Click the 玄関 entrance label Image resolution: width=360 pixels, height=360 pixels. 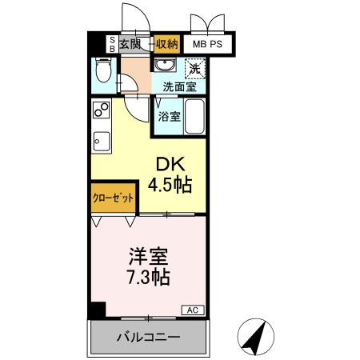point(130,45)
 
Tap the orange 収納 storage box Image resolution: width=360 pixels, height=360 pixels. point(166,45)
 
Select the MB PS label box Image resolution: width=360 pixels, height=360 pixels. point(206,46)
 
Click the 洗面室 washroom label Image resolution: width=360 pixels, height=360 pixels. point(178,86)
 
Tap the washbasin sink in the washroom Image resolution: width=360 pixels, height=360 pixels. point(167,66)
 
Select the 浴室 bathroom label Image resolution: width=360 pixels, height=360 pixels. point(169,116)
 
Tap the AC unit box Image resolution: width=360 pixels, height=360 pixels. point(192,310)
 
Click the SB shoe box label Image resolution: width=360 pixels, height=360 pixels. point(111,44)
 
